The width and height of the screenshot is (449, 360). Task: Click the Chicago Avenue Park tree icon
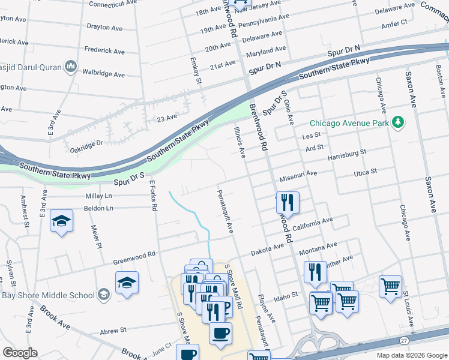click(397, 122)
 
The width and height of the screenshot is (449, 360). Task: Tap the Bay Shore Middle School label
click(47, 295)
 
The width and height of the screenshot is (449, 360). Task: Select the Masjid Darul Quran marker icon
click(70, 65)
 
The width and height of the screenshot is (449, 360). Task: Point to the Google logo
click(20, 353)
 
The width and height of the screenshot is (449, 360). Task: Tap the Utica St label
click(365, 172)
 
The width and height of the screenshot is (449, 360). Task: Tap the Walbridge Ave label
click(103, 74)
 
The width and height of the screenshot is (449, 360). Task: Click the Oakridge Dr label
click(86, 143)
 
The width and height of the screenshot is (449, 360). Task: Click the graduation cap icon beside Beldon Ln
click(62, 221)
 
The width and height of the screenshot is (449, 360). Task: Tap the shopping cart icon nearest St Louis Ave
click(391, 287)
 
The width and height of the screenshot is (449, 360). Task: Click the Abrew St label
click(113, 330)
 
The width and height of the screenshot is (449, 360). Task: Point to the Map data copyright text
click(411, 355)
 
